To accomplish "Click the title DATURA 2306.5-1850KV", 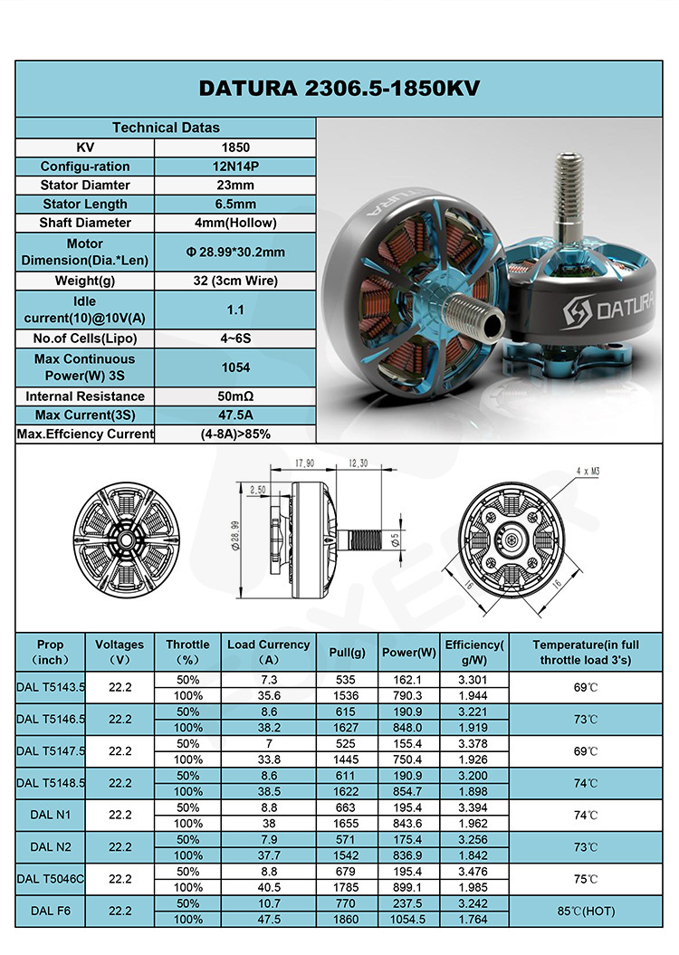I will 339,88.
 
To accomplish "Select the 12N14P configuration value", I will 235,167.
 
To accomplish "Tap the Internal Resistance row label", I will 85,396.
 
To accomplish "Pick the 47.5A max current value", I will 235,415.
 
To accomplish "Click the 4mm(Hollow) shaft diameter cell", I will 235,223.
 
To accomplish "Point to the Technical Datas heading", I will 166,128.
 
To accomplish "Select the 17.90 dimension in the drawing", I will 304,463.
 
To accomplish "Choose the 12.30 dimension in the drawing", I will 358,463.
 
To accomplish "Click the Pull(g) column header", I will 347,652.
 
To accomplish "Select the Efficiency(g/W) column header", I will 473,652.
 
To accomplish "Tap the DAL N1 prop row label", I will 51,816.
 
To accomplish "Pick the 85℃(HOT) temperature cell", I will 586,912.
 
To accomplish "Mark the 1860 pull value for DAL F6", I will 347,920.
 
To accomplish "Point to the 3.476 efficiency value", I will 473,872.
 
